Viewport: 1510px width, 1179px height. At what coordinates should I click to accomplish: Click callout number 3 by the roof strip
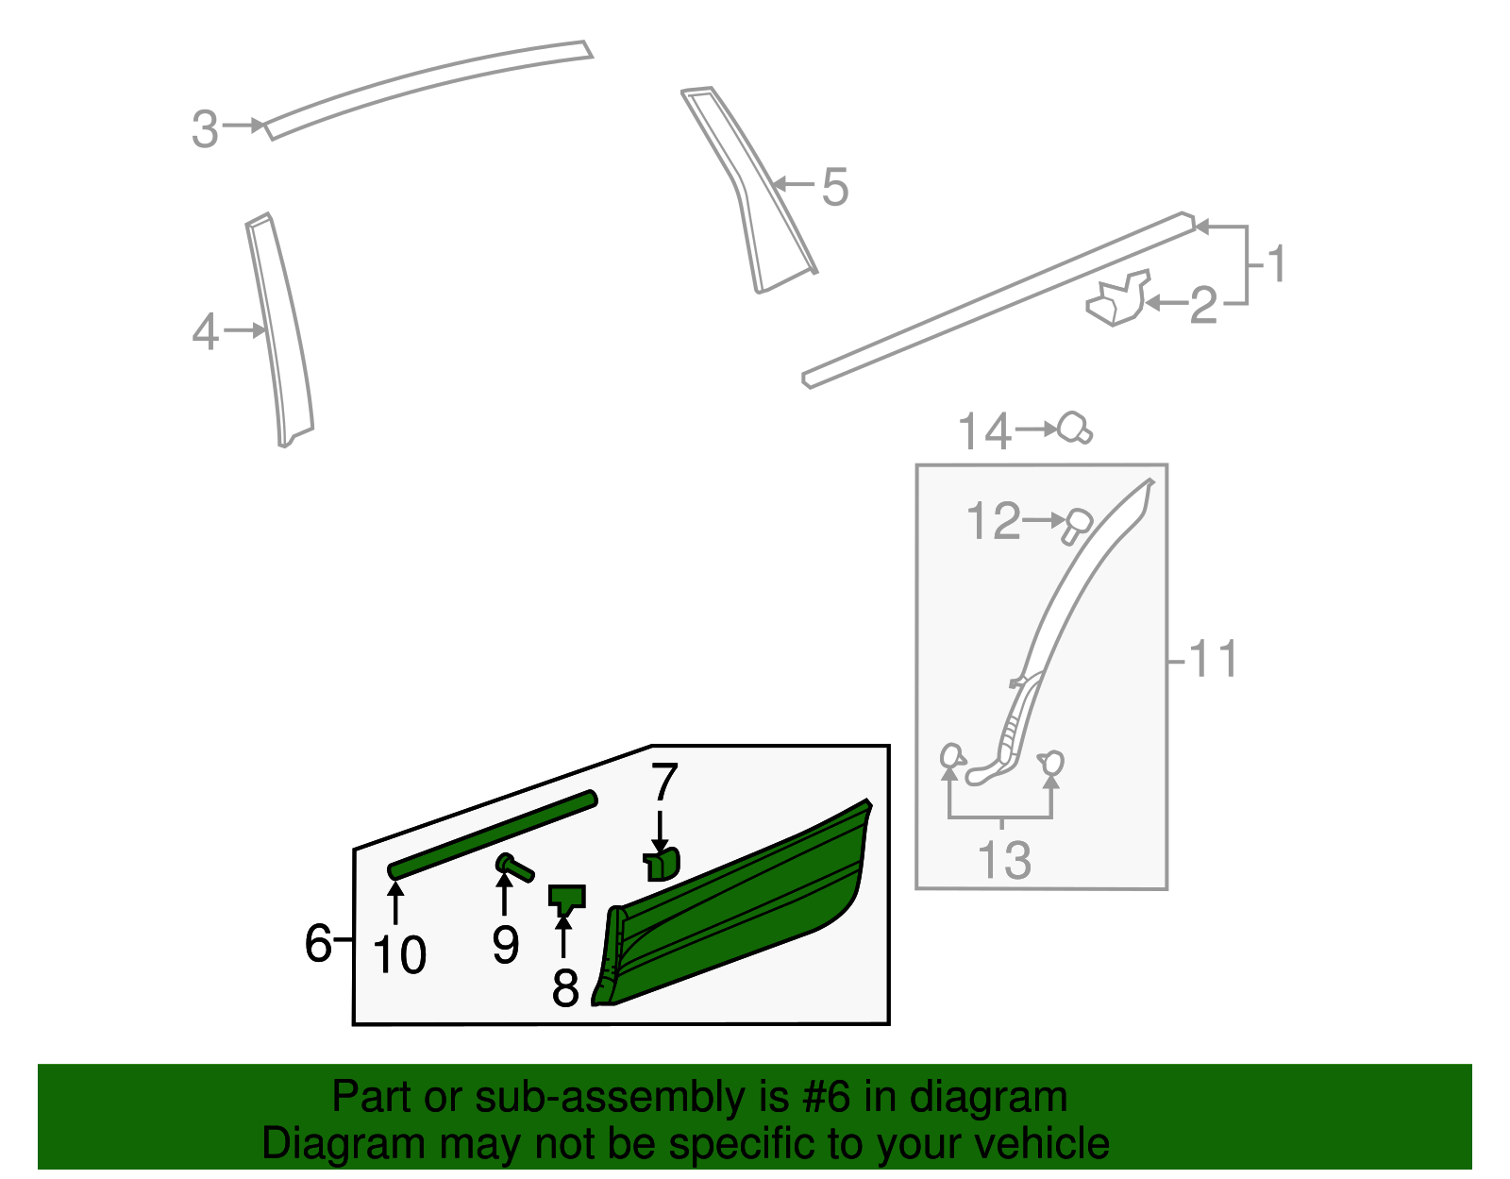click(x=205, y=129)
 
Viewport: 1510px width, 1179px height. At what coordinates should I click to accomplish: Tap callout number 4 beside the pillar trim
click(x=206, y=332)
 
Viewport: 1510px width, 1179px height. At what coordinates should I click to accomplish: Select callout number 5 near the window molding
click(x=835, y=187)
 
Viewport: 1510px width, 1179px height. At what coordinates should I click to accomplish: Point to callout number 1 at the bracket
click(x=1277, y=264)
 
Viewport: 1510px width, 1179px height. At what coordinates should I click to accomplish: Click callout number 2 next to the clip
click(x=1203, y=306)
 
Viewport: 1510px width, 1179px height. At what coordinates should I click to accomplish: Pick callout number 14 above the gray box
click(x=984, y=431)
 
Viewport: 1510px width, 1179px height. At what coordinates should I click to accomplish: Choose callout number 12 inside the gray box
click(x=994, y=521)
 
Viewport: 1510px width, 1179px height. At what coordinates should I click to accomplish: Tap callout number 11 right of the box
click(x=1213, y=659)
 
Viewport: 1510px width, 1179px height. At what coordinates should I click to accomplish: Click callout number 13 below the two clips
click(x=1004, y=860)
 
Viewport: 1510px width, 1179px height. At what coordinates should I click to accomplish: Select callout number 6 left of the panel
click(x=318, y=942)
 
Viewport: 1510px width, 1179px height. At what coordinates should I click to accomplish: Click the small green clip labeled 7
click(x=663, y=864)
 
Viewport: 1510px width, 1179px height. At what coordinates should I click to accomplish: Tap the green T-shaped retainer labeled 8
click(x=566, y=897)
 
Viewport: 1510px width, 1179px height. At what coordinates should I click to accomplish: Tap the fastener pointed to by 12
click(x=1077, y=525)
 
